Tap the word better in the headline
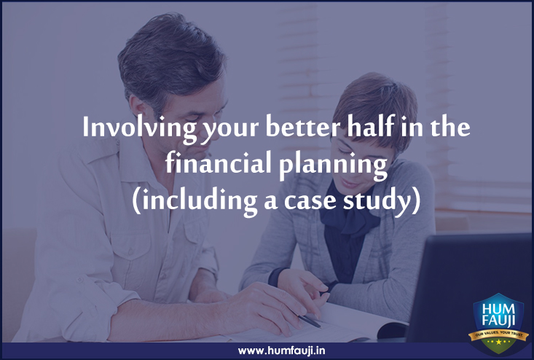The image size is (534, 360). click(302, 126)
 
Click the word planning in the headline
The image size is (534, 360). click(333, 165)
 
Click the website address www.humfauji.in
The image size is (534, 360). click(281, 351)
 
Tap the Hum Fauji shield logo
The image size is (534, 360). click(498, 324)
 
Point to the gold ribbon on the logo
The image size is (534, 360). click(498, 334)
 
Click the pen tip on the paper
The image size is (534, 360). click(319, 326)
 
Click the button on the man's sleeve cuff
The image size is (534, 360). click(80, 280)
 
